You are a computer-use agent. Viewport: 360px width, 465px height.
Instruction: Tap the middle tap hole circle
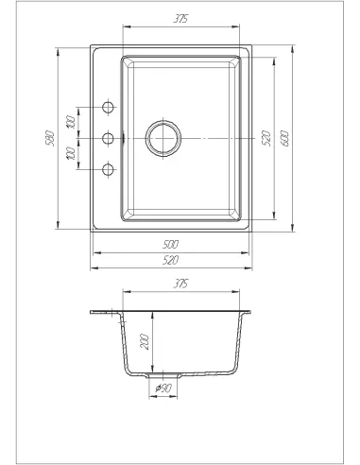[107, 138]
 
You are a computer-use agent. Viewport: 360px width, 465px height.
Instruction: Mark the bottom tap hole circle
[107, 170]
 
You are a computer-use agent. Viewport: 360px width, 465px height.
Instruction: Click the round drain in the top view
[163, 136]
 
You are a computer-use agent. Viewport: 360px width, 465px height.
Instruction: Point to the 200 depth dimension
[145, 342]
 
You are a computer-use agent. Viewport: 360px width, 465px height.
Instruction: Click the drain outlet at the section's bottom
[163, 374]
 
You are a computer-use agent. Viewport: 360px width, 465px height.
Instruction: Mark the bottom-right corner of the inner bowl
[243, 220]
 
